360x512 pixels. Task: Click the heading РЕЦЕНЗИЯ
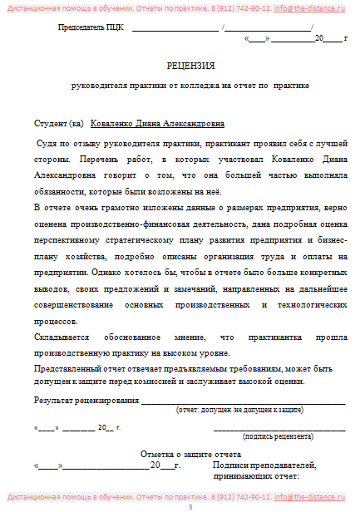click(x=191, y=66)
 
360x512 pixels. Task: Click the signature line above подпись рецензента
click(x=279, y=429)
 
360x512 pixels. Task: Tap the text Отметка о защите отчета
click(x=190, y=455)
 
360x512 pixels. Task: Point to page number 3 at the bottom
click(x=190, y=506)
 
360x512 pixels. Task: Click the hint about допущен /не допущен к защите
click(x=239, y=410)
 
